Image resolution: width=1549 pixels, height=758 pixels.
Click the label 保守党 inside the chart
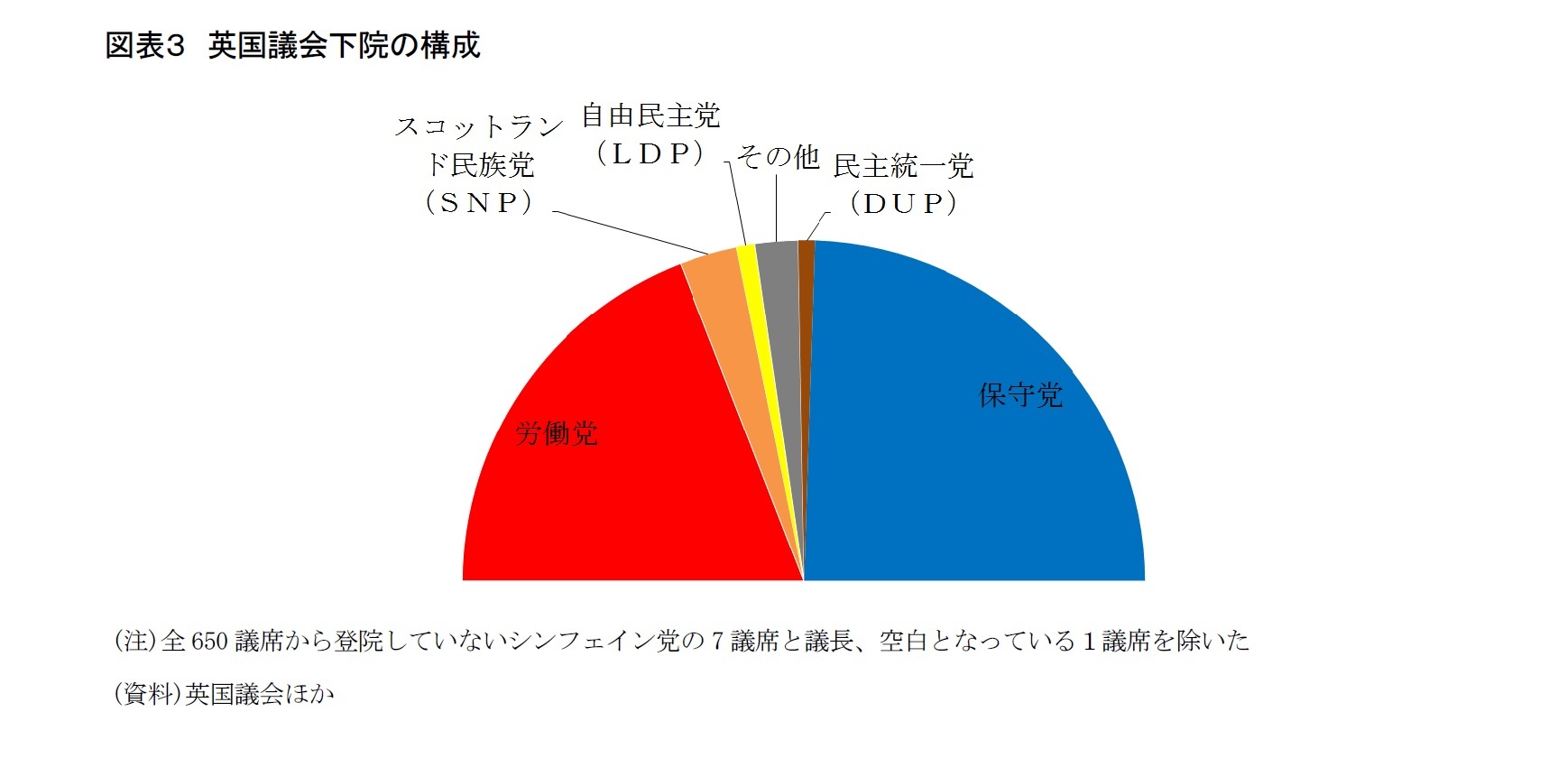pyautogui.click(x=1020, y=395)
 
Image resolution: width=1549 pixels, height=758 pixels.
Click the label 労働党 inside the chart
pyautogui.click(x=557, y=434)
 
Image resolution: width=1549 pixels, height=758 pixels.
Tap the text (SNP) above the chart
pyautogui.click(x=479, y=202)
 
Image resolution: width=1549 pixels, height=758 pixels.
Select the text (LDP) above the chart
pyautogui.click(x=650, y=153)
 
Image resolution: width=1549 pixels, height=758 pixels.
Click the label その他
pyautogui.click(x=778, y=157)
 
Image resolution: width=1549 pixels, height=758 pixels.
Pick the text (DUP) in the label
pyautogui.click(x=903, y=204)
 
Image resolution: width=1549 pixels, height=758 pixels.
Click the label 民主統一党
pyautogui.click(x=903, y=166)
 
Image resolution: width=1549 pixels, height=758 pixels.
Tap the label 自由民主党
pyautogui.click(x=650, y=116)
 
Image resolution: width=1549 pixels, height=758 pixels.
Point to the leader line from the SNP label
pyautogui.click(x=632, y=233)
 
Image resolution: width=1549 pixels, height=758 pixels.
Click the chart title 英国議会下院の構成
pyautogui.click(x=344, y=45)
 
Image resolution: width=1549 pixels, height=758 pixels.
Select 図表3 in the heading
pyautogui.click(x=144, y=45)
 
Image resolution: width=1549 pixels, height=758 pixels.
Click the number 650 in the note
pyautogui.click(x=209, y=642)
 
